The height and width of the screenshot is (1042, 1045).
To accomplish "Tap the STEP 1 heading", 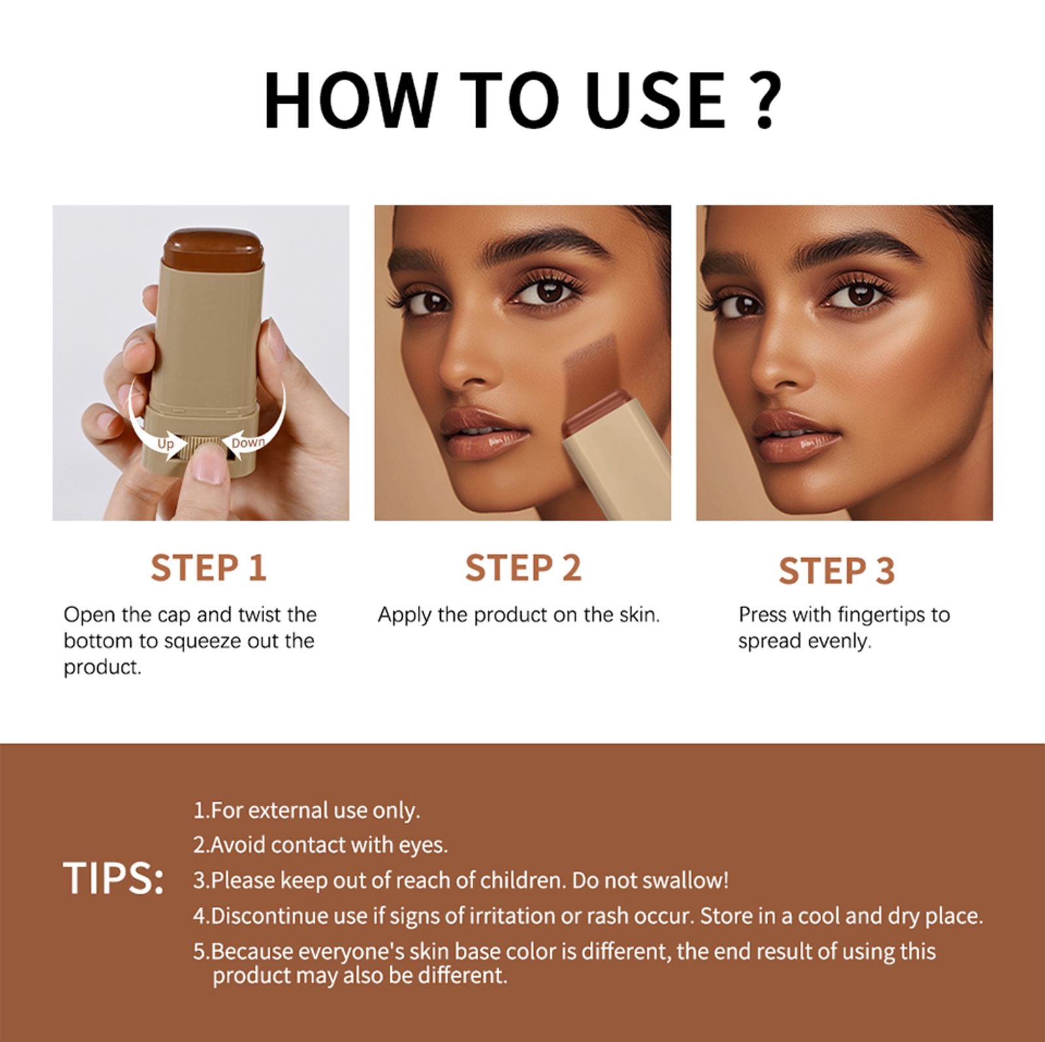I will (x=208, y=568).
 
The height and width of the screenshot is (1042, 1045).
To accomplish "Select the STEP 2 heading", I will (x=522, y=568).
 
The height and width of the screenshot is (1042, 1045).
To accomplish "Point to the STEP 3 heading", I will (x=836, y=570).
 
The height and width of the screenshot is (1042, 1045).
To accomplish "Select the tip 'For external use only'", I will (x=307, y=811).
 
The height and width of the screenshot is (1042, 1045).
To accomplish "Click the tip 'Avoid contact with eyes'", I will (x=321, y=845).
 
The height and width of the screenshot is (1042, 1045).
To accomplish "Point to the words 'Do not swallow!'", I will (x=650, y=881).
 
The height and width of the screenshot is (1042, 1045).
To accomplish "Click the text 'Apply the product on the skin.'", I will (x=519, y=615).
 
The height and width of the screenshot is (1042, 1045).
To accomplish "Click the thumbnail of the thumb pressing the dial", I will (x=210, y=468).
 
